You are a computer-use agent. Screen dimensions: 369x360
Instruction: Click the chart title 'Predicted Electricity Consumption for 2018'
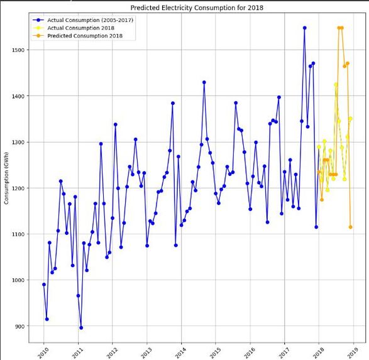(x=197, y=8)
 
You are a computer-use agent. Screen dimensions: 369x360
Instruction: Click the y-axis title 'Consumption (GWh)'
(x=6, y=178)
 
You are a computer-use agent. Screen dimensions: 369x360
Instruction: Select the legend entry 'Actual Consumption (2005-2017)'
(x=90, y=20)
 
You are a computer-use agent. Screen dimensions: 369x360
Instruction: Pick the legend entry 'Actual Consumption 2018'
(x=80, y=28)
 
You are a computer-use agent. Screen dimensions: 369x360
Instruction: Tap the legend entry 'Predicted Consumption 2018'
(x=85, y=36)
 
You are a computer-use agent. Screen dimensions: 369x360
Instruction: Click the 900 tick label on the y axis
(x=19, y=326)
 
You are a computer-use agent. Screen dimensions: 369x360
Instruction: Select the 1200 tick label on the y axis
(x=18, y=188)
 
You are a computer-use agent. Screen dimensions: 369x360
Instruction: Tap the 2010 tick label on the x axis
(x=43, y=352)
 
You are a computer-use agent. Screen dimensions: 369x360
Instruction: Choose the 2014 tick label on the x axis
(x=181, y=352)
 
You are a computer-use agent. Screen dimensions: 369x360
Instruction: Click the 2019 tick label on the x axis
(x=353, y=352)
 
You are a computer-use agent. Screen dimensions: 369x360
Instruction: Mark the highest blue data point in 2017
(x=304, y=28)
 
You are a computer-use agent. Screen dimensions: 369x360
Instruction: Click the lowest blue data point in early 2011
(x=81, y=328)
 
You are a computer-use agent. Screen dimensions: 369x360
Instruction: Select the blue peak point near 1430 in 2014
(x=204, y=82)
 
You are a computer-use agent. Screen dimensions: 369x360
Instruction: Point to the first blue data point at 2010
(x=44, y=285)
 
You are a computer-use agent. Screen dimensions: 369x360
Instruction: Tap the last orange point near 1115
(x=350, y=227)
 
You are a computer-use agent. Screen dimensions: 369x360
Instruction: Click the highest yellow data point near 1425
(x=336, y=84)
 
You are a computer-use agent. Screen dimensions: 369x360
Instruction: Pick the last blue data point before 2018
(x=316, y=227)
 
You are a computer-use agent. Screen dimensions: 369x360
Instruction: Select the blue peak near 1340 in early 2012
(x=115, y=124)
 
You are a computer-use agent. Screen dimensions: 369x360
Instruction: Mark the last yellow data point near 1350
(x=350, y=119)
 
